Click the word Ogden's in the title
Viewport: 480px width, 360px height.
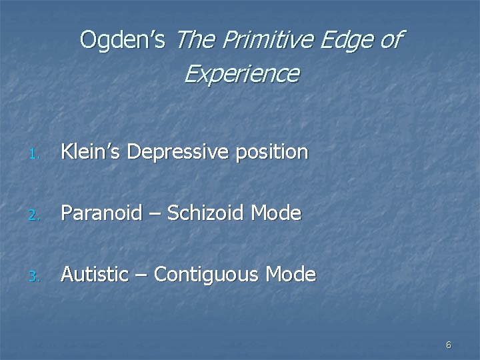click(123, 40)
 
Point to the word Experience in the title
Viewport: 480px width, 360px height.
click(241, 74)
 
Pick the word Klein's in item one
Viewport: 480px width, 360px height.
click(91, 152)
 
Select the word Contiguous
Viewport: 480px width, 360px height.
click(208, 275)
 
